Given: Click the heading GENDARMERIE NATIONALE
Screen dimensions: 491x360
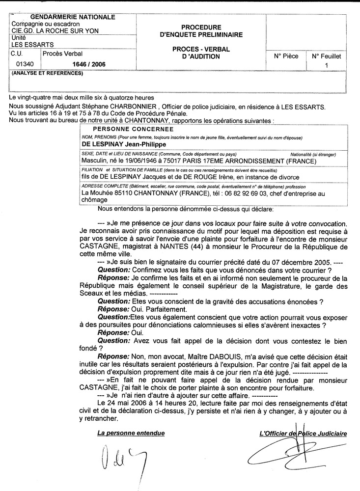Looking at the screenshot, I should pyautogui.click(x=73, y=17).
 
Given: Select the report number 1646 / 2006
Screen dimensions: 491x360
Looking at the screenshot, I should pyautogui.click(x=89, y=64).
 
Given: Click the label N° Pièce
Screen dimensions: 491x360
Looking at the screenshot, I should pyautogui.click(x=286, y=56).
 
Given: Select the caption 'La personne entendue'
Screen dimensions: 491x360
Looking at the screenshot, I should pyautogui.click(x=131, y=434).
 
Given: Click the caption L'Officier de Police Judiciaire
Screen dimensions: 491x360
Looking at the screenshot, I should pyautogui.click(x=303, y=434).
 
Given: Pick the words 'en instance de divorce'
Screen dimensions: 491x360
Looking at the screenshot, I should pyautogui.click(x=261, y=177).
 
